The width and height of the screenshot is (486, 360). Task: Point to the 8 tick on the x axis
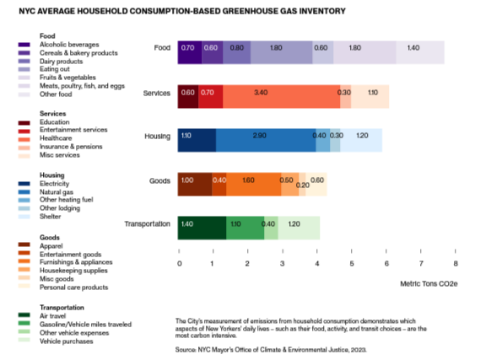[x=456, y=263]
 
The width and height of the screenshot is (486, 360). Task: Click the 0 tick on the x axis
[x=178, y=263]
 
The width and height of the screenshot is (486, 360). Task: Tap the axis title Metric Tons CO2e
[x=428, y=285]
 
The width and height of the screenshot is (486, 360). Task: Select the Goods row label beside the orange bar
[x=159, y=180]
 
